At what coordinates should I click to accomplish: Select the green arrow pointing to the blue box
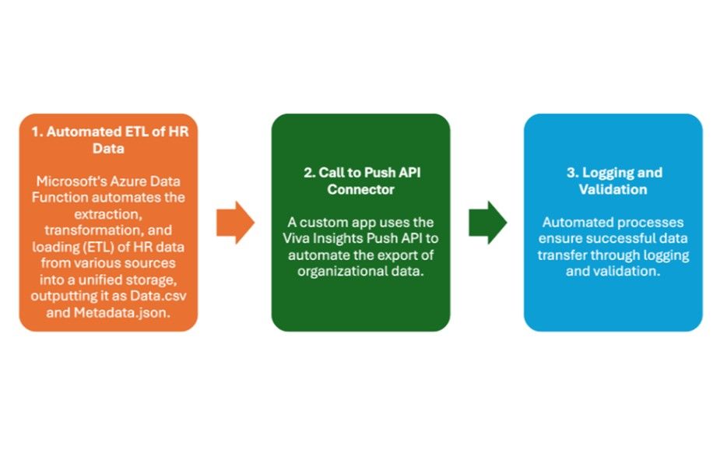pos(487,223)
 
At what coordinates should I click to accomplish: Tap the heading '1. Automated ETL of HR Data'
pos(108,139)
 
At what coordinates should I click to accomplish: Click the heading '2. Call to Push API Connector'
pos(360,181)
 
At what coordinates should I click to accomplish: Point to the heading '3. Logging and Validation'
pos(613,181)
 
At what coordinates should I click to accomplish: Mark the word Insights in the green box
pos(349,238)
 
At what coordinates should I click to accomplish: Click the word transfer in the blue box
pos(570,255)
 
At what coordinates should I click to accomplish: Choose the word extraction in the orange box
pos(108,214)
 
